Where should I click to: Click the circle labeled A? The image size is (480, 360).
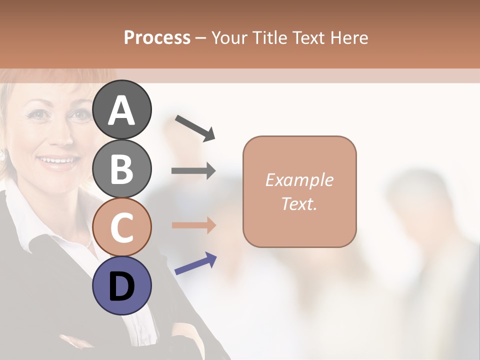122,110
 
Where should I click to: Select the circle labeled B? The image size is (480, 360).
122,169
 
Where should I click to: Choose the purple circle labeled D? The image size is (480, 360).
122,286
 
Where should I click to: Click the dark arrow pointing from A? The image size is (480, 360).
195,127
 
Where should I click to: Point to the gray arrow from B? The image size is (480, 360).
193,171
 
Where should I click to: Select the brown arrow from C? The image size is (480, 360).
193,225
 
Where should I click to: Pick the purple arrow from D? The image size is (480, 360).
195,264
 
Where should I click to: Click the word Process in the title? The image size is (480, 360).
157,37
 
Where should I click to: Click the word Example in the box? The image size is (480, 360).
299,180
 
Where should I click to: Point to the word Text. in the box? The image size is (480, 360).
299,204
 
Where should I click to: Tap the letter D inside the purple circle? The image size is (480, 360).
122,287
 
